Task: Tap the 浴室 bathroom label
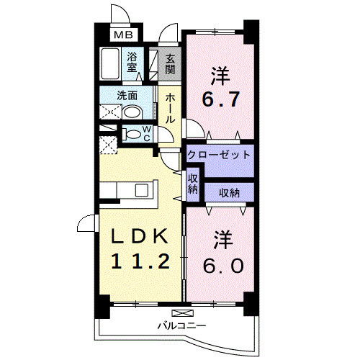[x=133, y=62]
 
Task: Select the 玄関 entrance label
[x=170, y=65]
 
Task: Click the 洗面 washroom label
[x=127, y=94]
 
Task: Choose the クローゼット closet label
[x=219, y=155]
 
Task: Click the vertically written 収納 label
[x=192, y=184]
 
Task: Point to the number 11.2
[x=142, y=261]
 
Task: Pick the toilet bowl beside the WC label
[x=130, y=133]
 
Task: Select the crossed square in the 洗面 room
[x=109, y=112]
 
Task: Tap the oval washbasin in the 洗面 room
[x=132, y=112]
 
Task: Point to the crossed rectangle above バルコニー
[x=184, y=313]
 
